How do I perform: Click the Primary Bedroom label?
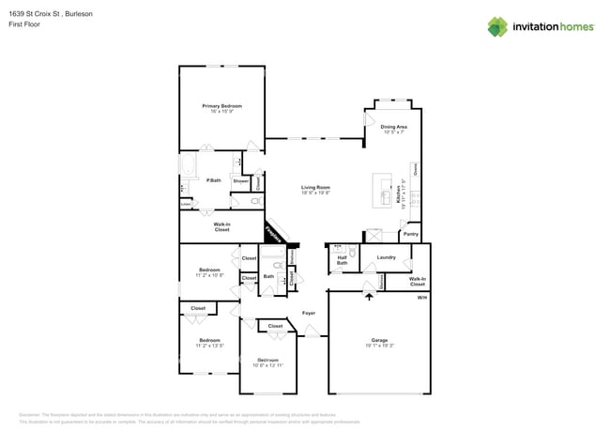tap(221, 106)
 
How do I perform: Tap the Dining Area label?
tap(393, 127)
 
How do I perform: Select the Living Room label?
tap(315, 188)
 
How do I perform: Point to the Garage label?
tap(379, 340)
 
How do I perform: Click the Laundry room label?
tap(386, 256)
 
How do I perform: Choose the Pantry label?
tap(410, 234)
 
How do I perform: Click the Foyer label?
tap(308, 313)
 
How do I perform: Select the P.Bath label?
tap(214, 180)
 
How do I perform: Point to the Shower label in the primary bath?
tap(240, 181)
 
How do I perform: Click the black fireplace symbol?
tap(274, 234)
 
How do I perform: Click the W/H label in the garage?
tap(421, 298)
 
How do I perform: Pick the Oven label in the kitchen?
tap(415, 169)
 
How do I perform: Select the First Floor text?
tap(21, 24)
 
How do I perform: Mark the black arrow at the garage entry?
tap(369, 298)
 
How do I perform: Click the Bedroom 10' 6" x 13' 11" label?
tap(268, 363)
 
